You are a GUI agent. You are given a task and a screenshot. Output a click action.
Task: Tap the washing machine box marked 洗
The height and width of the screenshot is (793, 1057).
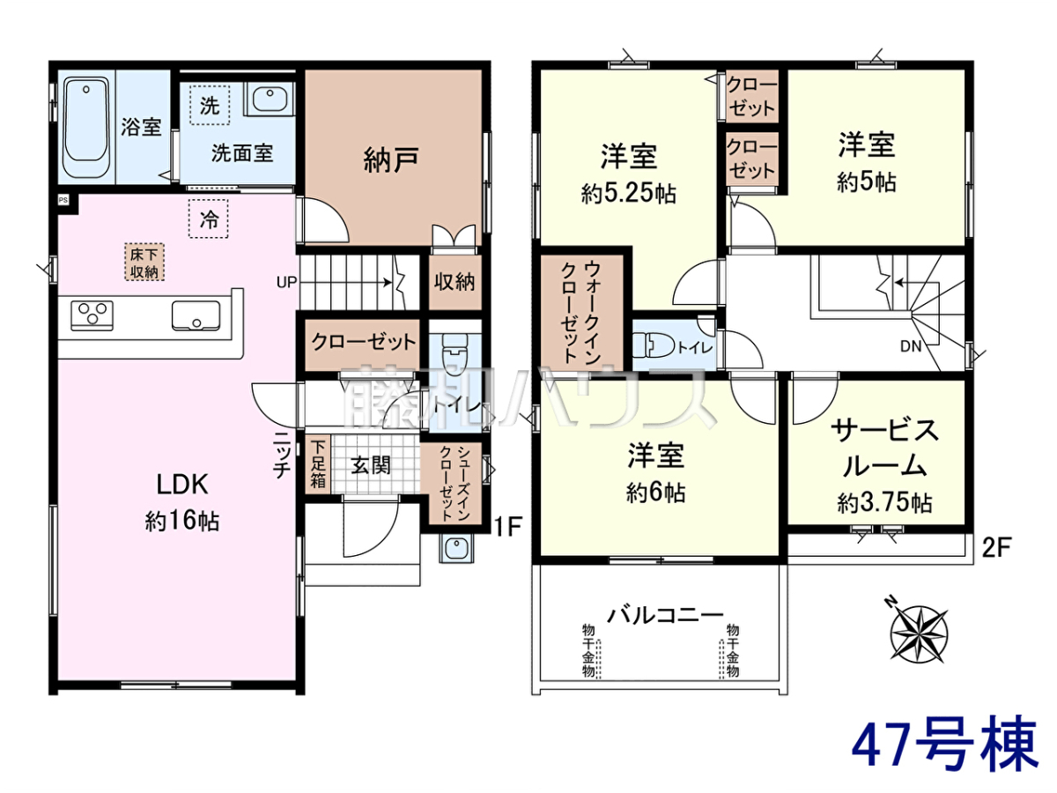coord(210,105)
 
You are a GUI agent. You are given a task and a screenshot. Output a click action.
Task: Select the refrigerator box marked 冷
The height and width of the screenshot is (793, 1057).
coord(209,219)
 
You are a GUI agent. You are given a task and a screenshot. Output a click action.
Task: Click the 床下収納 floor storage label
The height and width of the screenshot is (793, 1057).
coord(144,262)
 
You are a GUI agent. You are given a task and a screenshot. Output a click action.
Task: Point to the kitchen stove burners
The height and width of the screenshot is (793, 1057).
coord(92,315)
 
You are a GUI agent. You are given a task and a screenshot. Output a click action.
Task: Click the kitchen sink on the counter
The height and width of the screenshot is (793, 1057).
coord(196,315)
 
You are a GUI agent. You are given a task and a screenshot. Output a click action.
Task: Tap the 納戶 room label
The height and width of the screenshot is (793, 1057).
coord(390,159)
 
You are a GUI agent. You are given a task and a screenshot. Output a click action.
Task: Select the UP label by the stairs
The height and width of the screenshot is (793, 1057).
coord(286,282)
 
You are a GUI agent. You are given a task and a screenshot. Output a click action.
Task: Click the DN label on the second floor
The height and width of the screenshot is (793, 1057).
coord(911,345)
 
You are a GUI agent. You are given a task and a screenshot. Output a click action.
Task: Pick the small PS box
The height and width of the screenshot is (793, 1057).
coord(63,200)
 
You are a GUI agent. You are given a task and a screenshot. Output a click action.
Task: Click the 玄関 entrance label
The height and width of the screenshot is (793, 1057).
coord(370,465)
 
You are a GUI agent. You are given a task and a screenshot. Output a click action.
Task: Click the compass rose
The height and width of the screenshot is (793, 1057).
coord(919,634)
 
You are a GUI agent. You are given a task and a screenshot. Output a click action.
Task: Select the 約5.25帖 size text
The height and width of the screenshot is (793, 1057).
coord(628,194)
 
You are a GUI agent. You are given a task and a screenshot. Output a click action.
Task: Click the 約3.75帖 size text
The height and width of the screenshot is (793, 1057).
coord(884,503)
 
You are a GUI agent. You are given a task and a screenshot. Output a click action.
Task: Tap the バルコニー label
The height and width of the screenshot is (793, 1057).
coord(665,615)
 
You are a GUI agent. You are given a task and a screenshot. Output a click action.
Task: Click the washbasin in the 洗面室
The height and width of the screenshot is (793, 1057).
coord(270,99)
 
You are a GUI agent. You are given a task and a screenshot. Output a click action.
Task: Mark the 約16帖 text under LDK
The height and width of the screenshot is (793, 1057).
coord(182,522)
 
